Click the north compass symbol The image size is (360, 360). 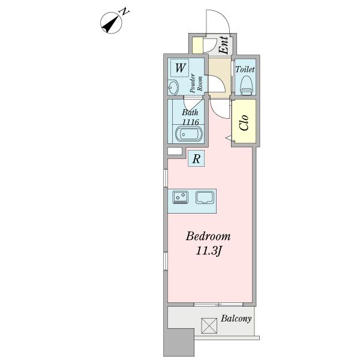pos(112,23)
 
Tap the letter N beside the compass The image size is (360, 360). pos(125,11)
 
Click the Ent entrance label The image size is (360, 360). pos(224,45)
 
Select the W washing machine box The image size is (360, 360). pos(180,68)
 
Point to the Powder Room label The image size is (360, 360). pos(196,83)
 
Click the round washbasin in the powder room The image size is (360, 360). pos(173,87)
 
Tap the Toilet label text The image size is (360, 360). pos(245,70)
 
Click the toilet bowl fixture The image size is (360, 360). pos(247,85)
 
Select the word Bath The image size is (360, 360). pos(190,112)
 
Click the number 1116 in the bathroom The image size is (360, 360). pos(190,122)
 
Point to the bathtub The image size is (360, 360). pos(189,134)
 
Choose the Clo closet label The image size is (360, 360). pos(244,122)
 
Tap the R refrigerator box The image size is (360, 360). pos(196,158)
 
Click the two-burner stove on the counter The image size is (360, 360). pos(181,197)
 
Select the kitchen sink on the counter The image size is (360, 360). pos(205,197)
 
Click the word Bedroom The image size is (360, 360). pos(208,236)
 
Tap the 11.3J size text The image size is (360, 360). pos(208,251)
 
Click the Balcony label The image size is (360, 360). pos(236,319)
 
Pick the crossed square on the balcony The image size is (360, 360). pos(209,326)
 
